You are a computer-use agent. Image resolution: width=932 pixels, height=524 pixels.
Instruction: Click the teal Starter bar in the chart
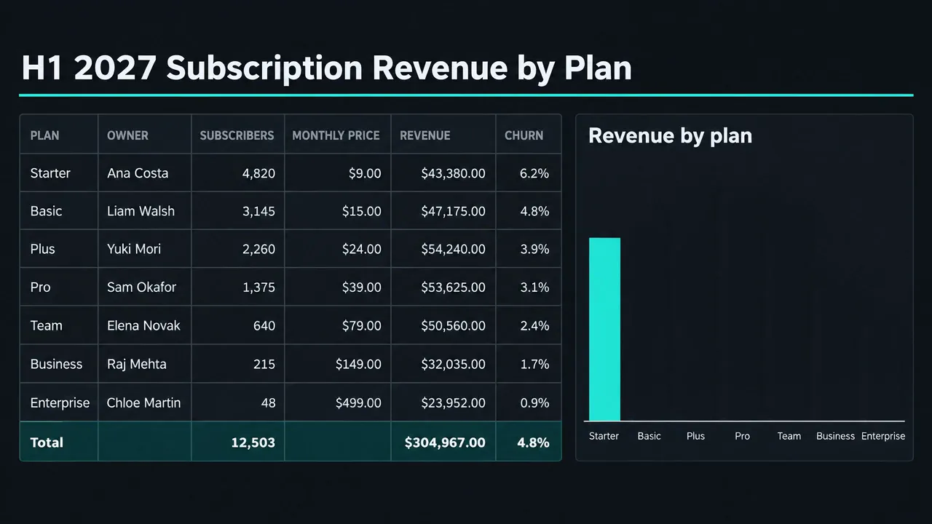point(604,330)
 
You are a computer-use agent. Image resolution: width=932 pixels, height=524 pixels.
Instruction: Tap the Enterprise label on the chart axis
point(883,436)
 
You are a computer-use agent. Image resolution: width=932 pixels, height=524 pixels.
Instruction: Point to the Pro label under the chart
point(742,436)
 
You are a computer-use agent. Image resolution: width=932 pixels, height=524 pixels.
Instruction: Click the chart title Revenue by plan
point(671,135)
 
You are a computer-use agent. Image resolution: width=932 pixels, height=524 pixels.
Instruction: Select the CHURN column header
point(524,135)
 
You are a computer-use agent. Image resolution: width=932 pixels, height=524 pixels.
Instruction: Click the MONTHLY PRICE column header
point(336,135)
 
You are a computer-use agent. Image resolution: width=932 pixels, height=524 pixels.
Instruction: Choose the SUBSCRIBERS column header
point(237,135)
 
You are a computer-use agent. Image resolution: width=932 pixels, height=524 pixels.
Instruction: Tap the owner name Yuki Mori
point(133,249)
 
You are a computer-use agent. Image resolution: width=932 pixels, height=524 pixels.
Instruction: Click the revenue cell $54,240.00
point(453,249)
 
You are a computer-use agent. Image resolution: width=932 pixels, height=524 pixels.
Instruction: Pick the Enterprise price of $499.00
point(358,402)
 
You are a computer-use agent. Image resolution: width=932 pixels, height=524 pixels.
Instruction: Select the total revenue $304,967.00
point(445,442)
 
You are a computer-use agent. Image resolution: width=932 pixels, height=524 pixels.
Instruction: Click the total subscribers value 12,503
point(253,442)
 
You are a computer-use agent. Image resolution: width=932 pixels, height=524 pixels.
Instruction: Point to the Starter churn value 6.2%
point(534,173)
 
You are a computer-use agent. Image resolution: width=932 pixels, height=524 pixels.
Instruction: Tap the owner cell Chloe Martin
point(143,402)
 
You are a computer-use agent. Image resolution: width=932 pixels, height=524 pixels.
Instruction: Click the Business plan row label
point(56,364)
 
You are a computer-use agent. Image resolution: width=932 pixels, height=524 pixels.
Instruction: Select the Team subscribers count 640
point(264,325)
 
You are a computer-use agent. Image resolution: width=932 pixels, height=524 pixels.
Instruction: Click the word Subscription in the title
point(264,68)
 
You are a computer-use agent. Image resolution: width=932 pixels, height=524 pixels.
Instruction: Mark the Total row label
point(47,442)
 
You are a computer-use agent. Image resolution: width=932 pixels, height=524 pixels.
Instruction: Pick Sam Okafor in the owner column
point(141,287)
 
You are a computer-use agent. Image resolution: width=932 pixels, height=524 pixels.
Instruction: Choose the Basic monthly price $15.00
point(362,211)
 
